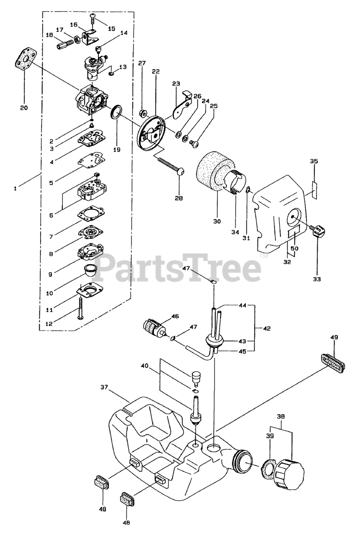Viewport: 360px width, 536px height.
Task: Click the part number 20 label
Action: pos(24,108)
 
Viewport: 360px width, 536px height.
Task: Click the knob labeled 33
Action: pos(319,231)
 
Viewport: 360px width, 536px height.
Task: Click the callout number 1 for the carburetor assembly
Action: pos(15,188)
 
